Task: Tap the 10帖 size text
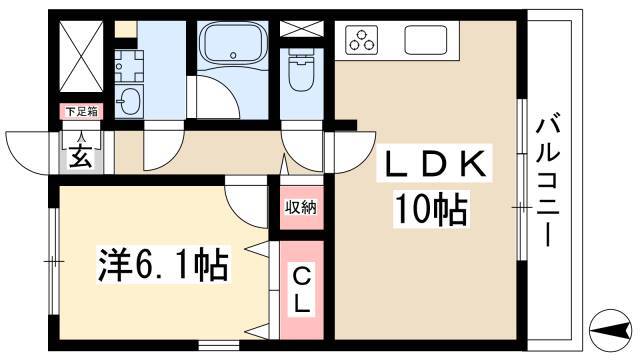(432, 209)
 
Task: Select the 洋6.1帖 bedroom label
(163, 265)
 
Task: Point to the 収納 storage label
(301, 208)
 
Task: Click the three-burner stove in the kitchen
(363, 41)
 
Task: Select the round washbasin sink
(130, 99)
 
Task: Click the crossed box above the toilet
(301, 28)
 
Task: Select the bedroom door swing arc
(245, 205)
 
